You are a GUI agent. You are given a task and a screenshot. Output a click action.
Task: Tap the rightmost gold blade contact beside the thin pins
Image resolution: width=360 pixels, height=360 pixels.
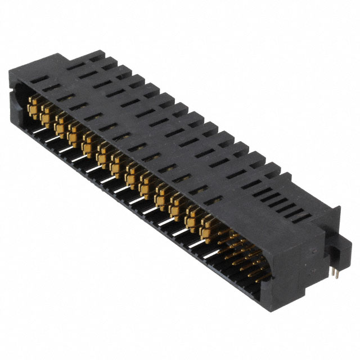pos(208,223)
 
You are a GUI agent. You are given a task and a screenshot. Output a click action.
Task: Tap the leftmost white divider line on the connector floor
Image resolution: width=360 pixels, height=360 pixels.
pos(39,130)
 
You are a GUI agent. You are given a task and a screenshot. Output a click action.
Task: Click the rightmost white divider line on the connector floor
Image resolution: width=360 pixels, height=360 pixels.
pos(211,254)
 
